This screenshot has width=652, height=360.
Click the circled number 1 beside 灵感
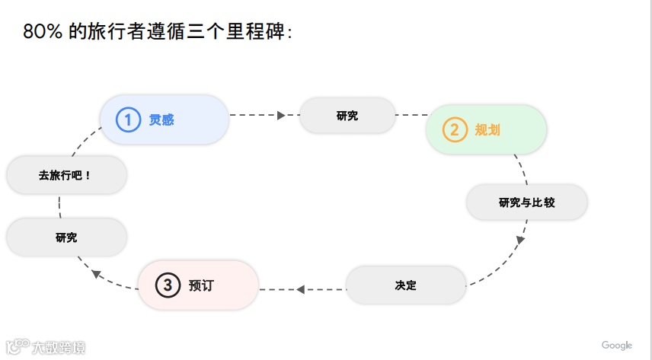coord(128,119)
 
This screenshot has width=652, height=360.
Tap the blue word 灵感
coord(161,119)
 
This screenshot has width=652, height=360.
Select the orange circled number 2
coord(455,129)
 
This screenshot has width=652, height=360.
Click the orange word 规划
coord(487,129)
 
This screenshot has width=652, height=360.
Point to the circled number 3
coord(168,285)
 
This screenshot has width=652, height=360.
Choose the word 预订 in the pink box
coord(202,285)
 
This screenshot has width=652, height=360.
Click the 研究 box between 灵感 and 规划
coord(347,116)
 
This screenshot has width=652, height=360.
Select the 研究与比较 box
coord(526,202)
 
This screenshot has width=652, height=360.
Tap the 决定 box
coord(405,285)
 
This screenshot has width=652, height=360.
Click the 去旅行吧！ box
coord(66,175)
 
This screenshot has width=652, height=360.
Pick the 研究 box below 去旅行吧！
coord(66,237)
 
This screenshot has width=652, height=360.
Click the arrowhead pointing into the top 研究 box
coord(281,116)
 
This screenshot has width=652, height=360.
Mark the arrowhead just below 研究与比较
coord(521,240)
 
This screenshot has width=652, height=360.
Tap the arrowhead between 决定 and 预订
coord(301,289)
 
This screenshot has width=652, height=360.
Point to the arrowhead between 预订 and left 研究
coord(95,273)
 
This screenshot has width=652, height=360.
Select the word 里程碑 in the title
coord(260,32)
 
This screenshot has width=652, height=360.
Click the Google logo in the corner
coord(617,346)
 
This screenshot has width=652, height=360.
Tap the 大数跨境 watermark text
coord(59,348)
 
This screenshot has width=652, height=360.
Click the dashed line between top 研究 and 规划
coord(411,116)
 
